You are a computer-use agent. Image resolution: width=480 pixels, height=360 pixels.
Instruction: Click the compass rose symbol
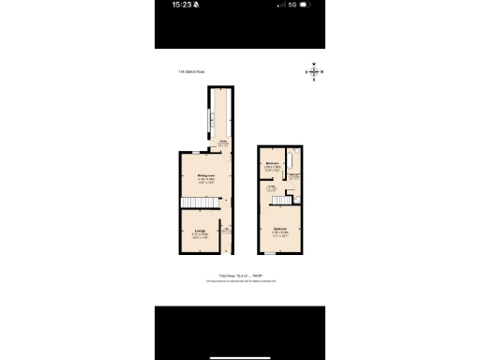(315, 71)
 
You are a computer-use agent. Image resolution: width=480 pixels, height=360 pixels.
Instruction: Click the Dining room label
(201, 175)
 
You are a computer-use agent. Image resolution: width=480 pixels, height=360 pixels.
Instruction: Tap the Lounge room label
(200, 231)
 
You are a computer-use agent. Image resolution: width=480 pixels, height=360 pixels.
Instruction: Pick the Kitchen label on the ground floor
(223, 142)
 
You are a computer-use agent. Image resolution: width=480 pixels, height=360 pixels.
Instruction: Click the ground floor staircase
(193, 204)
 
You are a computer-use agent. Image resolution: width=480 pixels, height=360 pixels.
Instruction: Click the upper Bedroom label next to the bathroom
(273, 166)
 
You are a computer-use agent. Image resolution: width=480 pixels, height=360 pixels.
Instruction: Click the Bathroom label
(294, 175)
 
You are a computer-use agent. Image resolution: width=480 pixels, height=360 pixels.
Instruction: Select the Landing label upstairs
(272, 187)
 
